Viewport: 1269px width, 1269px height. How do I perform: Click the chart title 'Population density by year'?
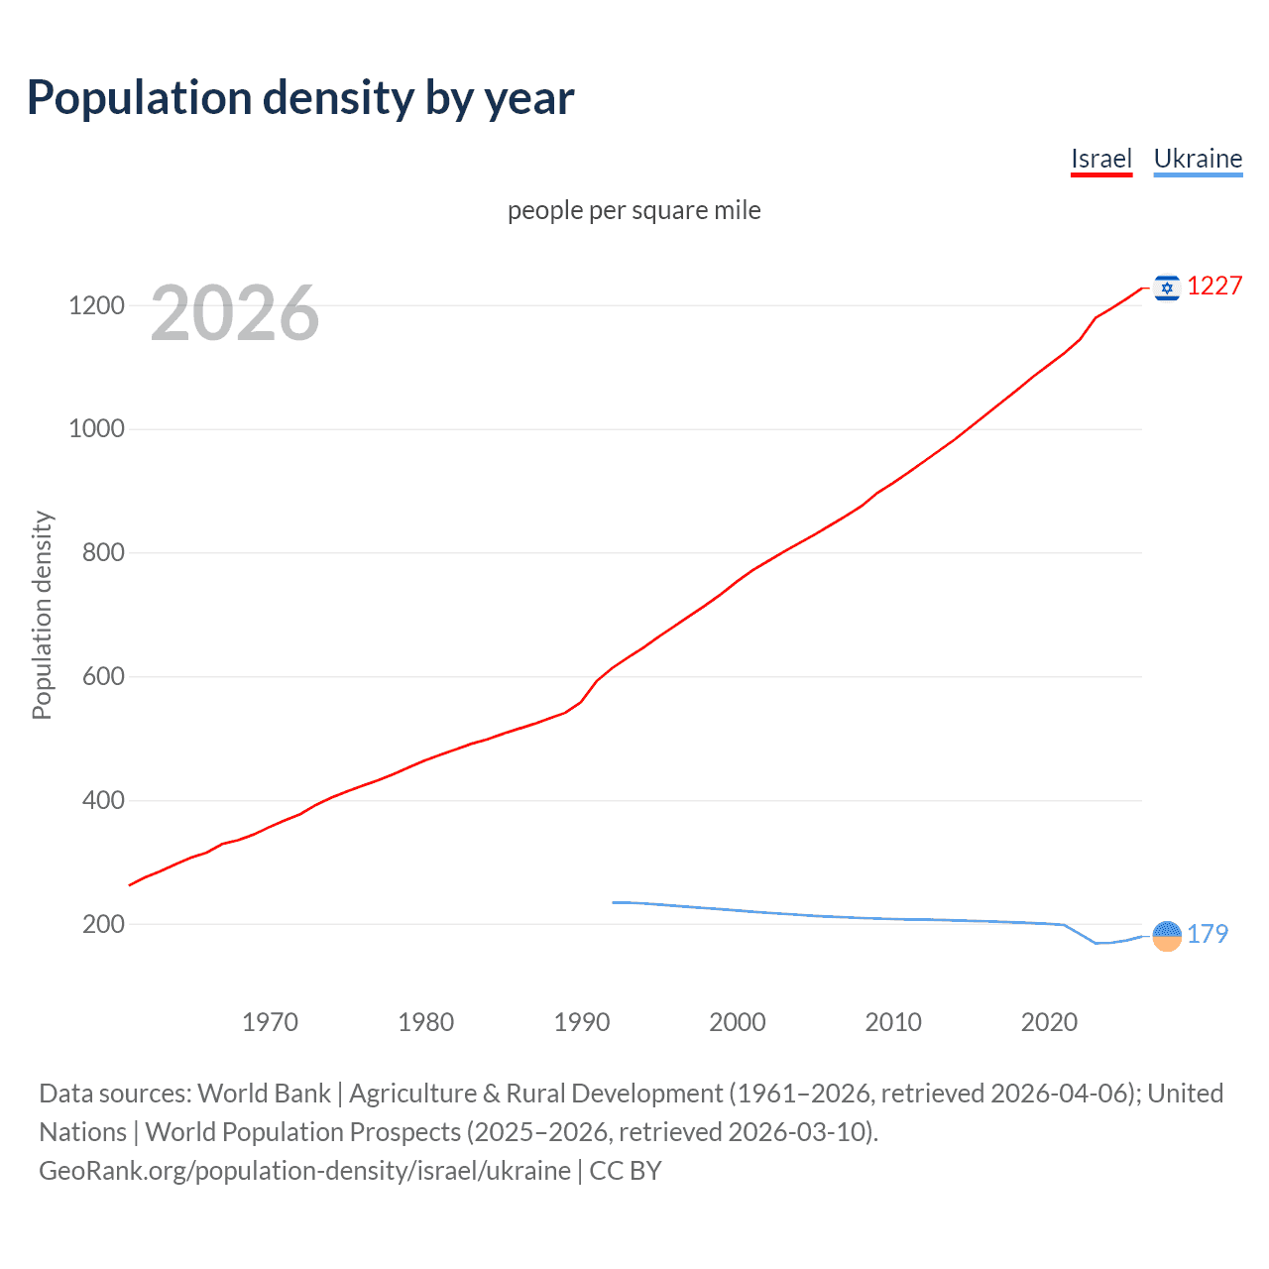(300, 98)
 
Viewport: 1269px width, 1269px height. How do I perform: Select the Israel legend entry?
(1100, 159)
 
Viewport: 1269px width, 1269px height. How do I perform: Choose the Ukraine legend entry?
(1198, 159)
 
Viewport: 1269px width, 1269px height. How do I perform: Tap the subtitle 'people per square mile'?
(634, 210)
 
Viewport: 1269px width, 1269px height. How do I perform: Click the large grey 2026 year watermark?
(235, 313)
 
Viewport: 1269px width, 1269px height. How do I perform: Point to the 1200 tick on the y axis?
(96, 305)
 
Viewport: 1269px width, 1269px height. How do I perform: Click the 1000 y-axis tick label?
(96, 429)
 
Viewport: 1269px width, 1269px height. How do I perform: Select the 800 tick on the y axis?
(103, 553)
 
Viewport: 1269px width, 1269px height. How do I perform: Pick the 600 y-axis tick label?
(103, 676)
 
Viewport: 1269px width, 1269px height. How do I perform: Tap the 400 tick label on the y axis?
(103, 800)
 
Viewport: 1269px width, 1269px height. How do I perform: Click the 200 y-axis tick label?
(103, 924)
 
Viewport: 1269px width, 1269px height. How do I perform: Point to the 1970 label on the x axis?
(270, 1022)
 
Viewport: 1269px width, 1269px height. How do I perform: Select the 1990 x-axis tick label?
(582, 1022)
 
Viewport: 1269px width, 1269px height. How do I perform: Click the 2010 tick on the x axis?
(893, 1022)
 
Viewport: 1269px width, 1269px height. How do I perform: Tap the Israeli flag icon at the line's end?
(1167, 288)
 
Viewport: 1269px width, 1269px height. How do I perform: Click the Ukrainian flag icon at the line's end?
(1167, 935)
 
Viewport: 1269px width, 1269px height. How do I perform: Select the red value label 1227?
(1214, 287)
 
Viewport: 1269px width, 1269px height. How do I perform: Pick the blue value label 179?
(1208, 934)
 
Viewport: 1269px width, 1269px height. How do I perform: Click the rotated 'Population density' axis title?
(42, 615)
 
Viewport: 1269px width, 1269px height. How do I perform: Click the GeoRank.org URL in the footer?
(304, 1171)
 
